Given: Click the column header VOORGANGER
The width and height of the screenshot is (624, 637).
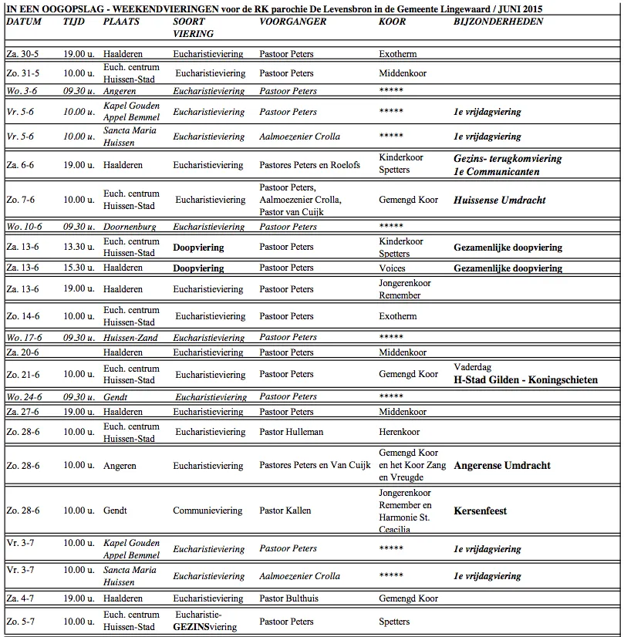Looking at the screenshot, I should [292, 22].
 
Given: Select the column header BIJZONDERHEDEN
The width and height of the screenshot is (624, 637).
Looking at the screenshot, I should [498, 22].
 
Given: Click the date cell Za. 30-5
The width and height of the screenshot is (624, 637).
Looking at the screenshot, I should [22, 54].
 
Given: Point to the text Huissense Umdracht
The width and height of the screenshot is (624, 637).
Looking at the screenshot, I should [499, 200].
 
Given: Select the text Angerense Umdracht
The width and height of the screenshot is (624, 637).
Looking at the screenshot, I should [501, 466].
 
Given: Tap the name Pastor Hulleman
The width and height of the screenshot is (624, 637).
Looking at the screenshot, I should [291, 432].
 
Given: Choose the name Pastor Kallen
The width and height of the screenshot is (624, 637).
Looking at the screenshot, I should [285, 511].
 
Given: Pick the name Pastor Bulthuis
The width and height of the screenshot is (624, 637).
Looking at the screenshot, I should [288, 598].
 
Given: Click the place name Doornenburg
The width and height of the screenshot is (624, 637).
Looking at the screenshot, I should [130, 227].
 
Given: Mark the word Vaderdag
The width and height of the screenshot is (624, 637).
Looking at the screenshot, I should [472, 367].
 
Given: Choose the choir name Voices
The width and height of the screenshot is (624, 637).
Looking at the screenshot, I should [392, 268].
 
